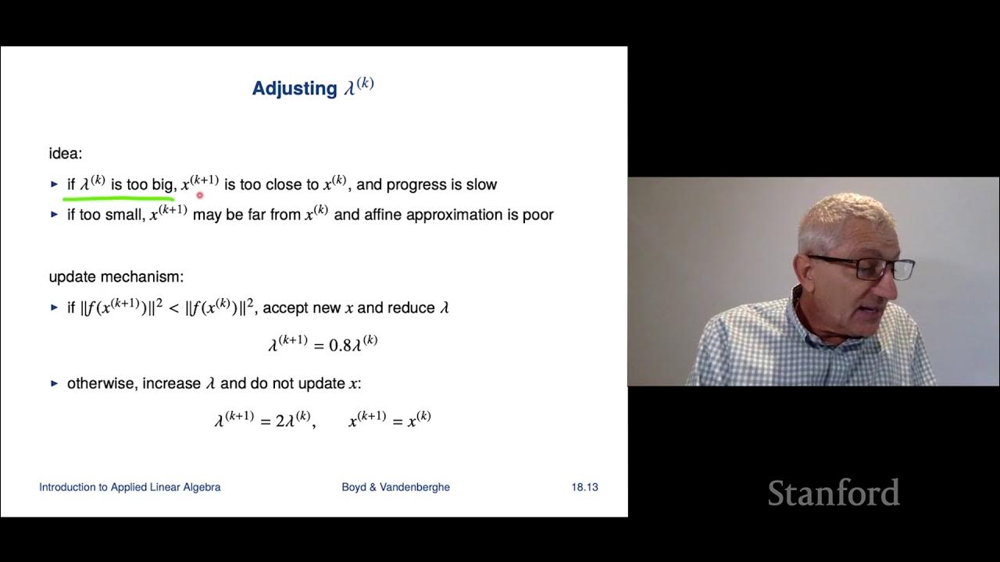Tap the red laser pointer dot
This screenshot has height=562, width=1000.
point(200,196)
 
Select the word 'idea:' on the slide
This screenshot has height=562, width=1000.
point(66,154)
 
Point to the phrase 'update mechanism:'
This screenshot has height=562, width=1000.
point(116,277)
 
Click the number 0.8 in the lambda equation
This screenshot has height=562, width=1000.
point(340,345)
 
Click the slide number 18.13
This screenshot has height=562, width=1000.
point(584,487)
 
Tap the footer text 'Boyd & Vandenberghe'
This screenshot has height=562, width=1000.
point(395,487)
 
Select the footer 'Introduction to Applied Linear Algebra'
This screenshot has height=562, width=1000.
point(130,487)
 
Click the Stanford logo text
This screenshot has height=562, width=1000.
point(834,493)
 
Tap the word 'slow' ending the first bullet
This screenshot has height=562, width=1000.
point(480,185)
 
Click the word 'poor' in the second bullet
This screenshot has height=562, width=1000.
point(538,215)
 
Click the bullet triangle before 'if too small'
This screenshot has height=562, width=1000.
point(55,215)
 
